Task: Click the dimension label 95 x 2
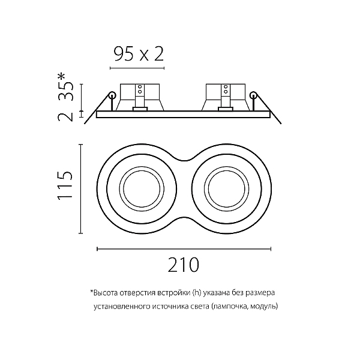(139, 54)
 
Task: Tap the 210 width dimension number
(183, 265)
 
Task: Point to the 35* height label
(65, 87)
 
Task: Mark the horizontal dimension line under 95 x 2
(137, 68)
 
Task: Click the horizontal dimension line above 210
(184, 249)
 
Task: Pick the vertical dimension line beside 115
(80, 189)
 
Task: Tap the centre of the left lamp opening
(142, 189)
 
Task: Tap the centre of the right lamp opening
(226, 189)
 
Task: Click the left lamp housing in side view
(140, 97)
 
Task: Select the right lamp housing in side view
(226, 97)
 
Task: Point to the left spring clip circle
(112, 95)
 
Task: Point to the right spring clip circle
(253, 95)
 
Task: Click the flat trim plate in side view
(184, 115)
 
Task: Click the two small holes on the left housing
(140, 89)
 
